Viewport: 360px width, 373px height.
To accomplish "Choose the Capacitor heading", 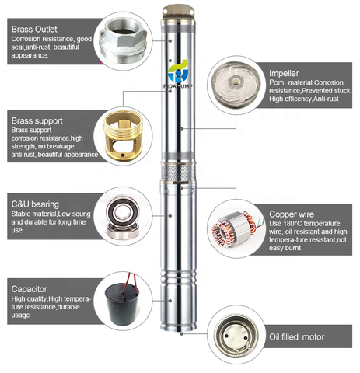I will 33,286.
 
